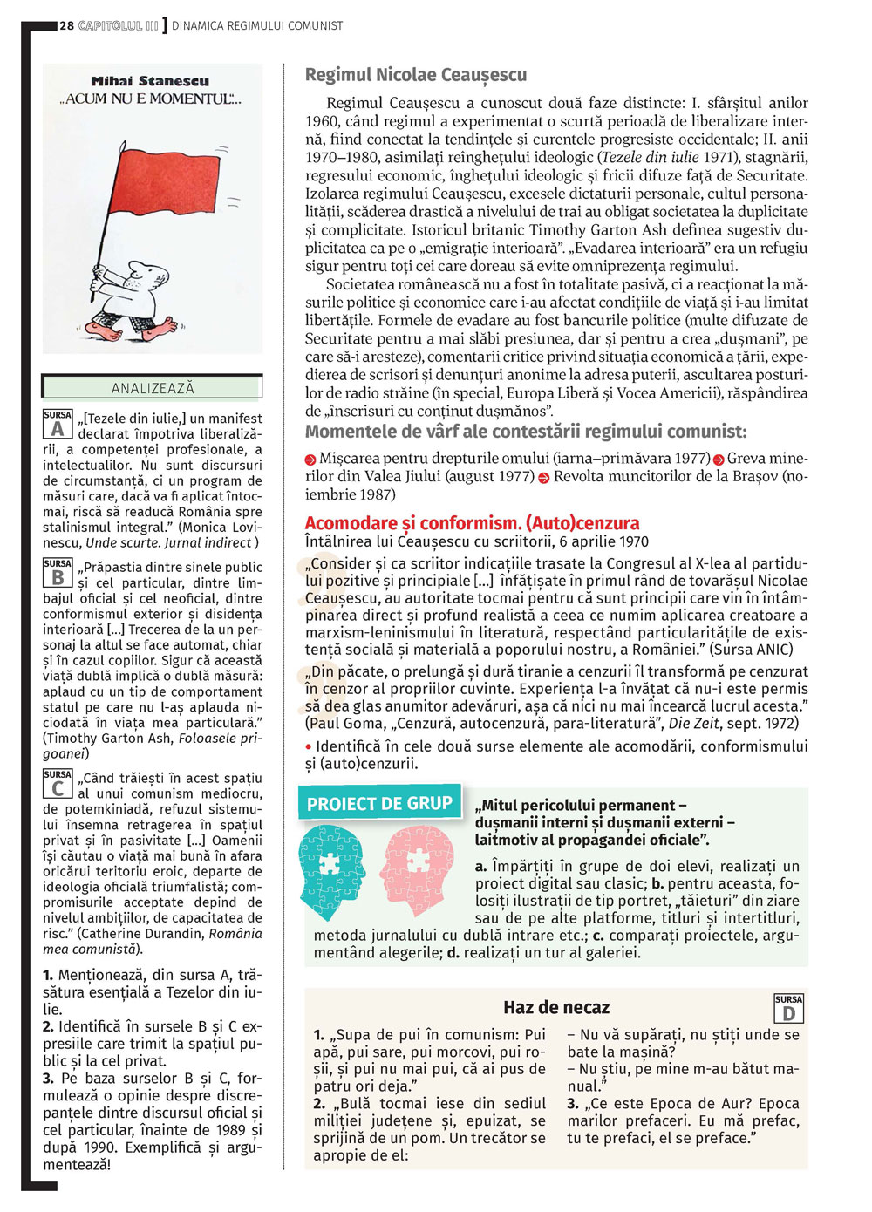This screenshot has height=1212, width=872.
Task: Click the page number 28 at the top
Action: [x=66, y=25]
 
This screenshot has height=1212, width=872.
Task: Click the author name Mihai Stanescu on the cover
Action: [x=150, y=81]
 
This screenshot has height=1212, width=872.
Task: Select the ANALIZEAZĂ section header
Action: [x=153, y=388]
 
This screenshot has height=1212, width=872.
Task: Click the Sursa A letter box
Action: [x=58, y=424]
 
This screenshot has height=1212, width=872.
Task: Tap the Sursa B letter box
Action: [x=58, y=573]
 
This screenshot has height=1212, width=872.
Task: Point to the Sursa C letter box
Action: [x=58, y=784]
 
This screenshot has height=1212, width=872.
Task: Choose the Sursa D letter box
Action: [x=788, y=1008]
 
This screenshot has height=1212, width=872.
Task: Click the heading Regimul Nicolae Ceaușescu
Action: [x=416, y=75]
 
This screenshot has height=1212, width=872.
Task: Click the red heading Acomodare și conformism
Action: [x=472, y=523]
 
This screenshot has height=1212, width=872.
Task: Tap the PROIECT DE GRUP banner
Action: [x=379, y=804]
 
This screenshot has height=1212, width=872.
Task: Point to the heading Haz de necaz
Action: [x=556, y=1008]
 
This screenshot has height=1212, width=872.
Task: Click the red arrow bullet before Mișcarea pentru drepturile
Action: [x=310, y=460]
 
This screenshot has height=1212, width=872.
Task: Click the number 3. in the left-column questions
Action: [x=48, y=1079]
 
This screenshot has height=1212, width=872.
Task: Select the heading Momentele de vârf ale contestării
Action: [x=526, y=432]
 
